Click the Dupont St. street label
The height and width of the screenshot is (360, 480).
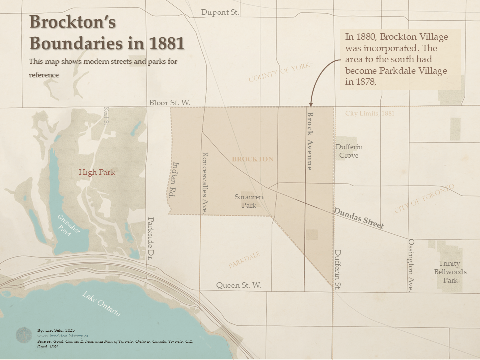point(220,12)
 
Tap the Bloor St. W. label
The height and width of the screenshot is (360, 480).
point(170,103)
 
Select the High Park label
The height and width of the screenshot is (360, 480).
point(97,172)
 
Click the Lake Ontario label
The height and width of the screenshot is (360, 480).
point(102,303)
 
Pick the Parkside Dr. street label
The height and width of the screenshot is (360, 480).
point(150,239)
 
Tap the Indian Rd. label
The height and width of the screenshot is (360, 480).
point(175,180)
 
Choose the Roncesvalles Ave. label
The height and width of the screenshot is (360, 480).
point(204,183)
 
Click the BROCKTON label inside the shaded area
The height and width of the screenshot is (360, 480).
point(253,159)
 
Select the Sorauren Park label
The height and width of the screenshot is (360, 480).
point(249,201)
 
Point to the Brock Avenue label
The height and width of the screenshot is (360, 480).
point(310,141)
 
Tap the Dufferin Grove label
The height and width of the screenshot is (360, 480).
point(349,151)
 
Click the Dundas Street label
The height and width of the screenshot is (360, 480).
point(359,218)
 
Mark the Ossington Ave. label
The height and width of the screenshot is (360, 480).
point(411,265)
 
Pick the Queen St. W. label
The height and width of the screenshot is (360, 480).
point(239,285)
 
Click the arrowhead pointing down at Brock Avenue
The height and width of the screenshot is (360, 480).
point(310,103)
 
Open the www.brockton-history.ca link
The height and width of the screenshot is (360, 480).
point(63,336)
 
